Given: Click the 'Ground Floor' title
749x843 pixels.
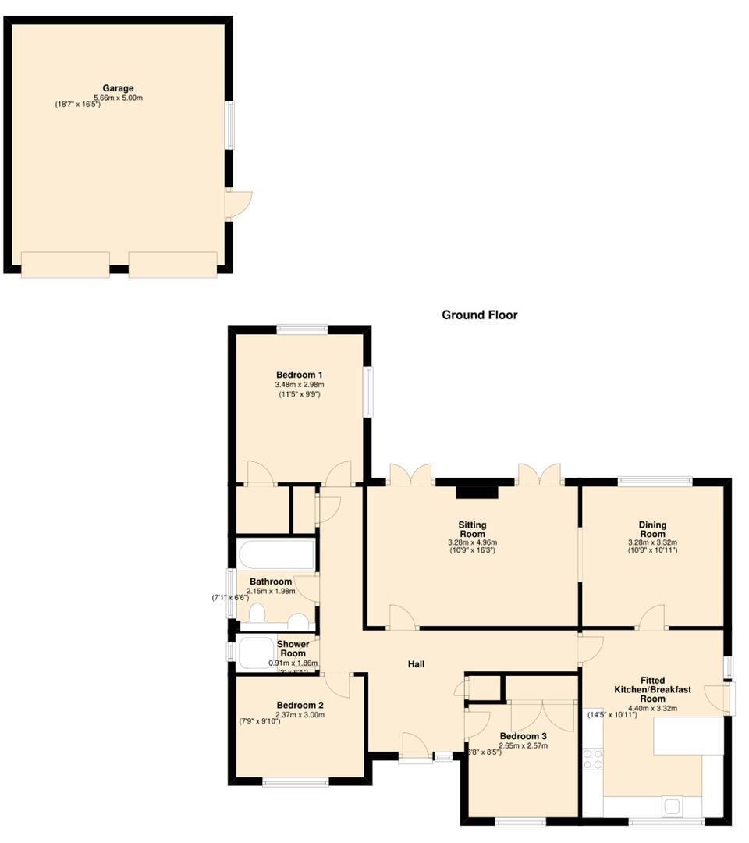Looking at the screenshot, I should tap(479, 315).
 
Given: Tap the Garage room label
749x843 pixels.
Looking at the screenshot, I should tap(119, 88).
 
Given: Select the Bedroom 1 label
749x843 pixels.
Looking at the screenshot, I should tap(299, 374).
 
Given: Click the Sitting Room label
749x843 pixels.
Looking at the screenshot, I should tap(472, 529).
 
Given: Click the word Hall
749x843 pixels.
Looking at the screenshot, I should tap(416, 664).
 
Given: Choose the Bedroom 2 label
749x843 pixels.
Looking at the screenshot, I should tap(300, 705).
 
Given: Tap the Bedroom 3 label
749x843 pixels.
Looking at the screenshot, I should tap(523, 736).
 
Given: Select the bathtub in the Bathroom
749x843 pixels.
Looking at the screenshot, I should tap(277, 555).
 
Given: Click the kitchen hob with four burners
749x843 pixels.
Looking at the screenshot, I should tap(593, 759).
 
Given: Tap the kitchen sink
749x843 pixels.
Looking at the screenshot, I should tap(672, 805).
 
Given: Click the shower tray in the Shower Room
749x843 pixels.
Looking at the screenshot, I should tap(254, 653).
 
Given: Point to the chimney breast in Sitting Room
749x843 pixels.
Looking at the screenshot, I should tap(477, 491).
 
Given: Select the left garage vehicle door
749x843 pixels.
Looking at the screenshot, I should tap(65, 265).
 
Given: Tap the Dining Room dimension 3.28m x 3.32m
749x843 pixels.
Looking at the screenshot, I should tap(652, 542).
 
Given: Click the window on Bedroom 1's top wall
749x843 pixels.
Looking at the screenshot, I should tap(302, 329).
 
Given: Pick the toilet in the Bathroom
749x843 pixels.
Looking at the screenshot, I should tap(255, 616).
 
